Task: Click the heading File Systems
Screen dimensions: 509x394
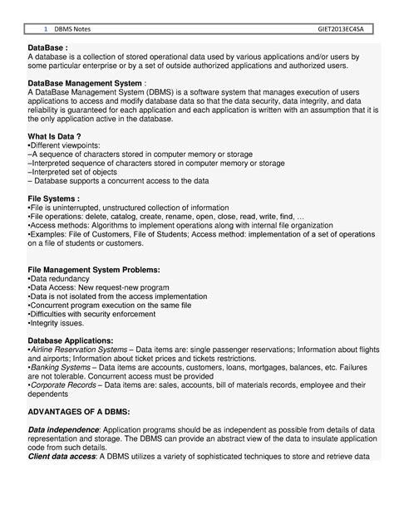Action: tap(52, 199)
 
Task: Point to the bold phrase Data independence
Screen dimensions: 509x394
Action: tap(63, 430)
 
